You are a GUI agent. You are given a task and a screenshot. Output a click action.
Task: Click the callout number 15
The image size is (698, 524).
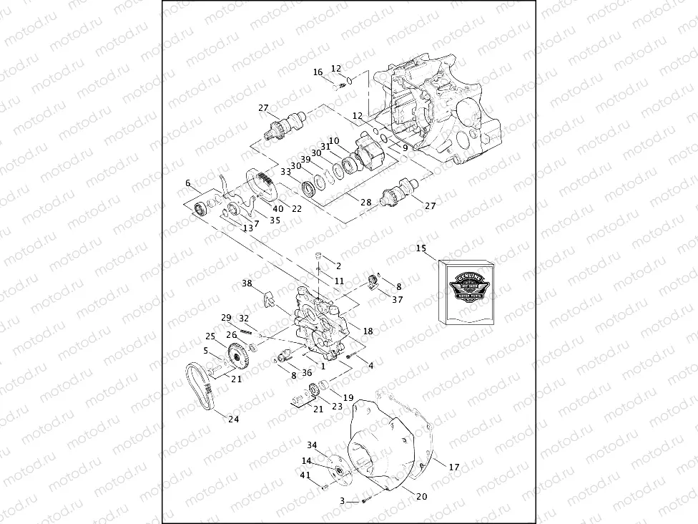point(421,248)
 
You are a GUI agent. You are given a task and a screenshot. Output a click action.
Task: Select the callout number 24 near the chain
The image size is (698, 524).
point(233,419)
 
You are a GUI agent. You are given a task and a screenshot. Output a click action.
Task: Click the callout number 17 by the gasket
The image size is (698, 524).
point(453,467)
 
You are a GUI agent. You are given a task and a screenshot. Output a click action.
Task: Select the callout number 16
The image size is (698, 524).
point(318,72)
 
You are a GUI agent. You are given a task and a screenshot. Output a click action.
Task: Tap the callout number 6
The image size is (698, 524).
point(188,183)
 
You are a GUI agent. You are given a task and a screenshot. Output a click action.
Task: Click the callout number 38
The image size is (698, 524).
point(247,283)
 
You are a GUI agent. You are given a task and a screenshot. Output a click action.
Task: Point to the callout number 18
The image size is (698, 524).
point(368,331)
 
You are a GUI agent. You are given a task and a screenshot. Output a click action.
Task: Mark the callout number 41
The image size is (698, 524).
point(305,475)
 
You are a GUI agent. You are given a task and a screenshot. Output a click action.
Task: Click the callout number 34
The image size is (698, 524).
point(312,445)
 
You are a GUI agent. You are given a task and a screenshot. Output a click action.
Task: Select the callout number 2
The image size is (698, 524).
point(338,266)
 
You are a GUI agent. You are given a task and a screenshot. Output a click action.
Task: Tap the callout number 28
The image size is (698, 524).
point(366,203)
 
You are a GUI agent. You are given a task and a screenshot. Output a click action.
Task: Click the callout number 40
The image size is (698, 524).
point(277,209)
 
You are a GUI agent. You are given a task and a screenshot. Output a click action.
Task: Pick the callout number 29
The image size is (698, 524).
point(226,317)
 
